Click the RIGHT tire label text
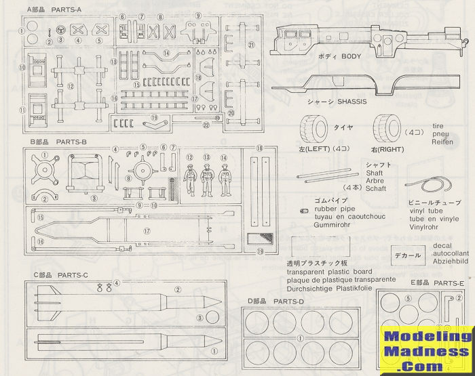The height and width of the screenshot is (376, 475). click(x=387, y=150)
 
